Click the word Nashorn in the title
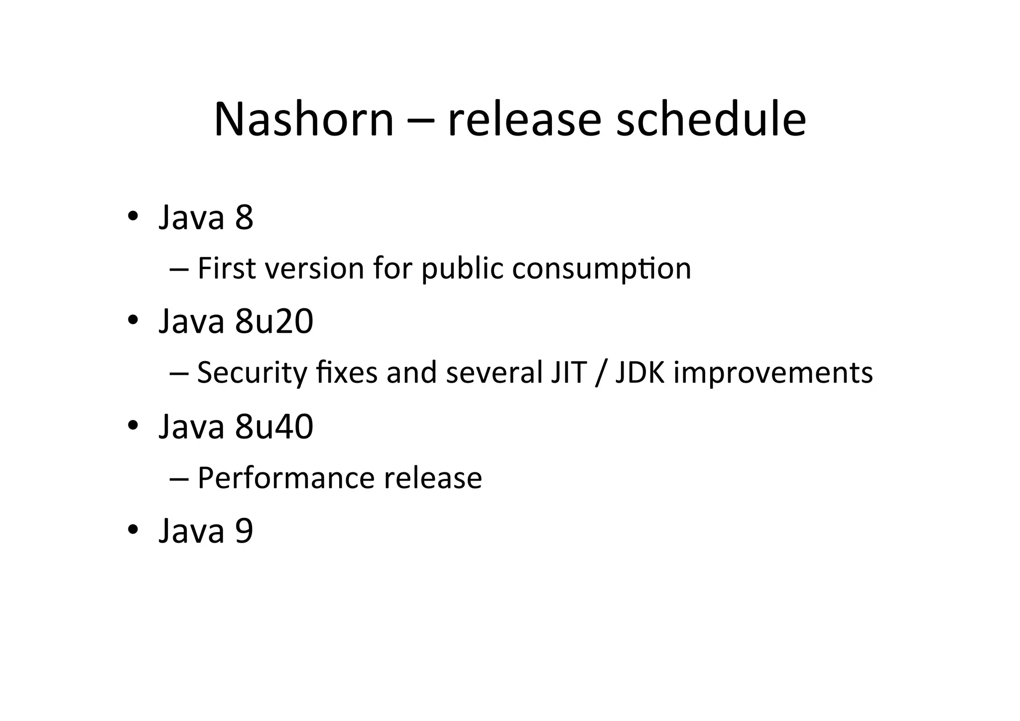(304, 120)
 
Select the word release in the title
(524, 120)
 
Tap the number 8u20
(274, 321)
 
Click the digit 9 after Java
(244, 531)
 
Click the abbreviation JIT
(568, 373)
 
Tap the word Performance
(286, 478)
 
